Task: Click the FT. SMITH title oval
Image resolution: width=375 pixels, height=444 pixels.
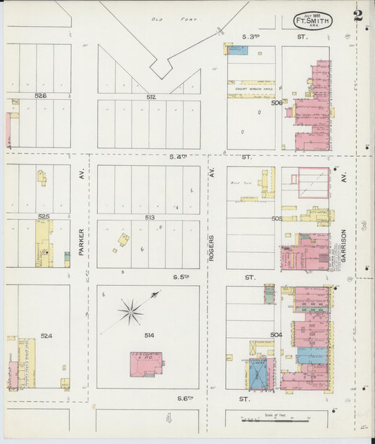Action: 312,20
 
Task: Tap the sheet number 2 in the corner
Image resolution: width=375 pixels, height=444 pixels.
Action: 358,15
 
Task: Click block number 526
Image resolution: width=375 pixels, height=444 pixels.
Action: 41,96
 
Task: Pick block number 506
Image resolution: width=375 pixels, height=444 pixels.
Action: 277,103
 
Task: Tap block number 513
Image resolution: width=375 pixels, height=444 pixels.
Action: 150,218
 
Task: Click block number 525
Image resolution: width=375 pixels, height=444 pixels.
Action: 44,216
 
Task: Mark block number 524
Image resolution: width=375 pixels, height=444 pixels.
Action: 46,336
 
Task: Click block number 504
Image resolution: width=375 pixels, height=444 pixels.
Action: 276,334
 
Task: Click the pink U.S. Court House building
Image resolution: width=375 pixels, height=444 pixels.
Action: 146,364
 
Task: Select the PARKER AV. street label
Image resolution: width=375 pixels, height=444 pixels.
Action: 82,240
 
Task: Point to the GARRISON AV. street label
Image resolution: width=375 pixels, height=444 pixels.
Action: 344,245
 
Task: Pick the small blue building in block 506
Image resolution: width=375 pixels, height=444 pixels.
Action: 239,50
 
